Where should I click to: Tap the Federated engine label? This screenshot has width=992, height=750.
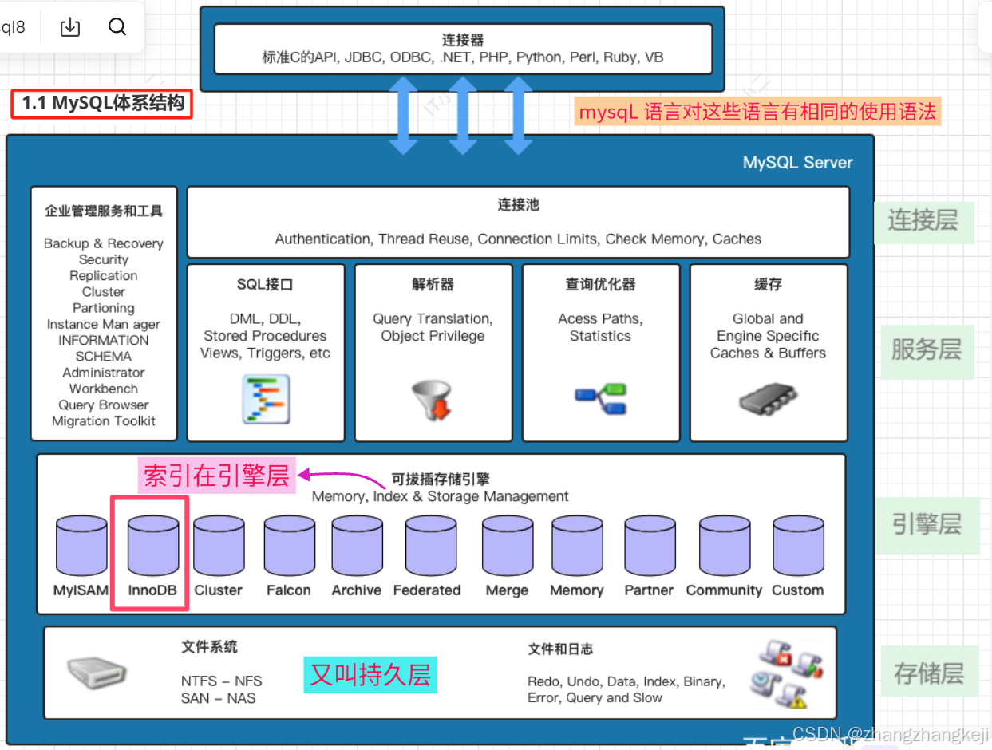[427, 590]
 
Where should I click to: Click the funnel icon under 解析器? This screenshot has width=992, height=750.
[432, 400]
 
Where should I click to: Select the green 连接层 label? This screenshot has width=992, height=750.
[923, 220]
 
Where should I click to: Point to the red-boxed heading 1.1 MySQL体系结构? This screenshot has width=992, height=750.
[102, 103]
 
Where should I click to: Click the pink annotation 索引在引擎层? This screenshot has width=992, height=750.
[215, 476]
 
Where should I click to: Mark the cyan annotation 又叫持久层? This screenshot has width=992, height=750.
[370, 674]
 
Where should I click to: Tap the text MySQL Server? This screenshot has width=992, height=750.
[797, 163]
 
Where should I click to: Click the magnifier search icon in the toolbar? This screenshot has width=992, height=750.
[117, 27]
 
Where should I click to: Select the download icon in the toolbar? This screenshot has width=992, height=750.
[70, 27]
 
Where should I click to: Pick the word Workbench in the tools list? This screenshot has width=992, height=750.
[104, 389]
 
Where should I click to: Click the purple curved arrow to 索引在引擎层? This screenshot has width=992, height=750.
[343, 477]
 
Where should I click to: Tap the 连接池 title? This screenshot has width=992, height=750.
[518, 205]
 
